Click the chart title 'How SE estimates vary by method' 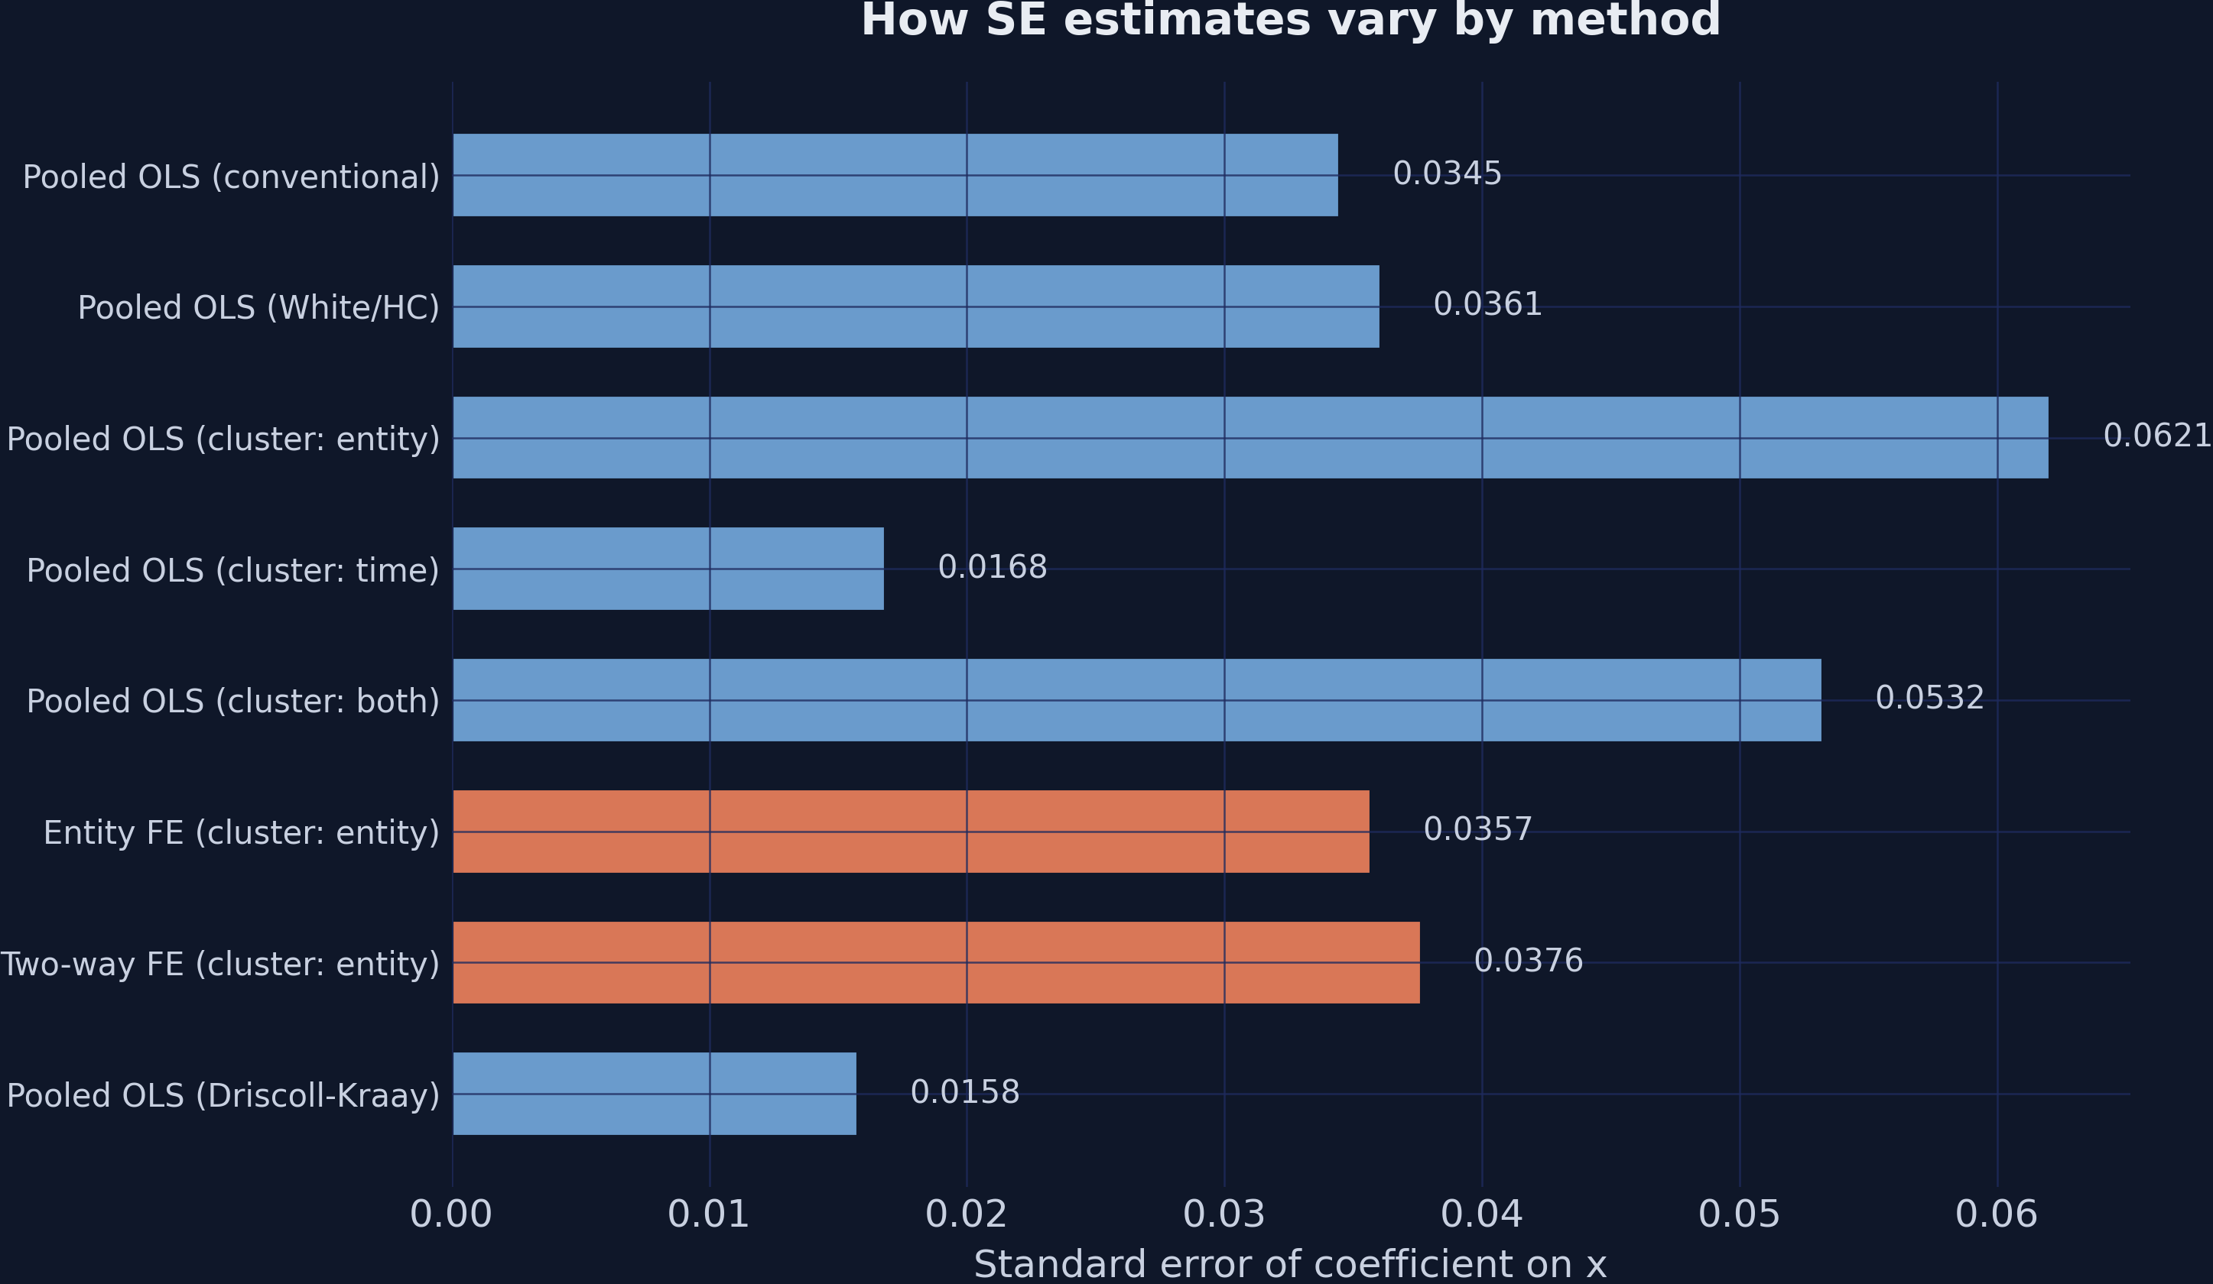pyautogui.click(x=1290, y=21)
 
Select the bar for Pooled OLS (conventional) pyautogui.click(x=895, y=175)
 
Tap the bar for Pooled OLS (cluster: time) pyautogui.click(x=668, y=569)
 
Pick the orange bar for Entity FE pyautogui.click(x=911, y=831)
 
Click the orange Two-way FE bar pyautogui.click(x=935, y=963)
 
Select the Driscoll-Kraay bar pyautogui.click(x=655, y=1094)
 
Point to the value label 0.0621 pyautogui.click(x=2156, y=436)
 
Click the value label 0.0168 pyautogui.click(x=993, y=568)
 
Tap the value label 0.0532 pyautogui.click(x=1929, y=699)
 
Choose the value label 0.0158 pyautogui.click(x=964, y=1093)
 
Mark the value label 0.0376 pyautogui.click(x=1528, y=961)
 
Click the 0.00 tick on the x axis pyautogui.click(x=451, y=1215)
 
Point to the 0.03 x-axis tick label pyautogui.click(x=1224, y=1215)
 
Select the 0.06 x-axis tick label pyautogui.click(x=1996, y=1215)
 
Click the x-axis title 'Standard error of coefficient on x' pyautogui.click(x=1290, y=1265)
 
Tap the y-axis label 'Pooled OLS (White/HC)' pyautogui.click(x=258, y=308)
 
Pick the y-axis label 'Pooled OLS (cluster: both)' pyautogui.click(x=232, y=702)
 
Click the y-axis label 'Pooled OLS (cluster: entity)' pyautogui.click(x=223, y=439)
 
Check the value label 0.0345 pyautogui.click(x=1448, y=173)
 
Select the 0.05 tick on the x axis pyautogui.click(x=1739, y=1215)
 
